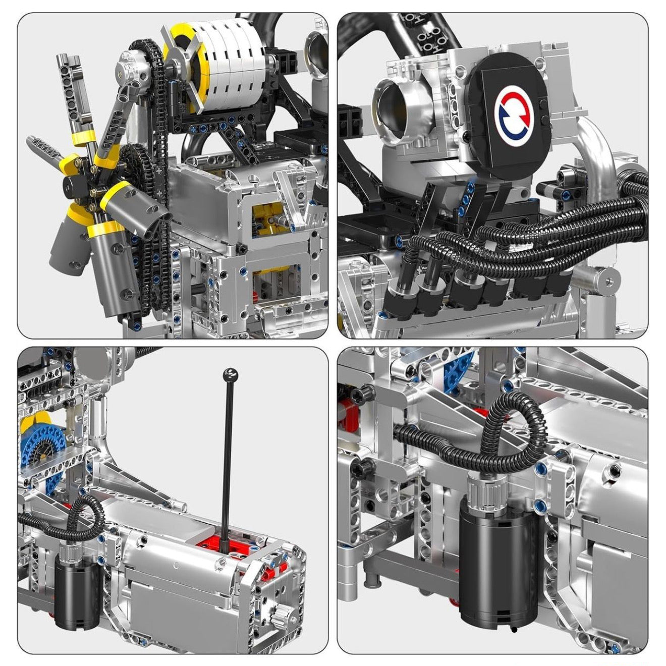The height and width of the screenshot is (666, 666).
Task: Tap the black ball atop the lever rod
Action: [230, 374]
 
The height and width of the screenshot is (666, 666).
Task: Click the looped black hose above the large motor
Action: [510, 429]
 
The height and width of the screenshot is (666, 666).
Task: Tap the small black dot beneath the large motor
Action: [514, 629]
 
